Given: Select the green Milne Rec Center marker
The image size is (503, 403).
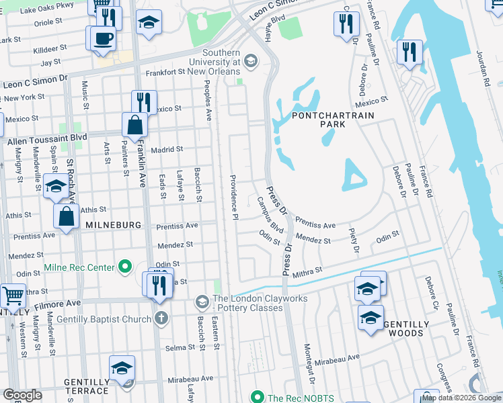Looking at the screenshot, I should tap(124, 267).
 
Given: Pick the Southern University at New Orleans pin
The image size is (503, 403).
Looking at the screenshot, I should tap(251, 62).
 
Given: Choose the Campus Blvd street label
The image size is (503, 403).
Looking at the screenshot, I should tap(272, 215).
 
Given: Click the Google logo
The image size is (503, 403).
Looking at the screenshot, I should tap(23, 395).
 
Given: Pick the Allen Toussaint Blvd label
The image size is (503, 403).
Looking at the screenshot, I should tap(47, 141).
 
